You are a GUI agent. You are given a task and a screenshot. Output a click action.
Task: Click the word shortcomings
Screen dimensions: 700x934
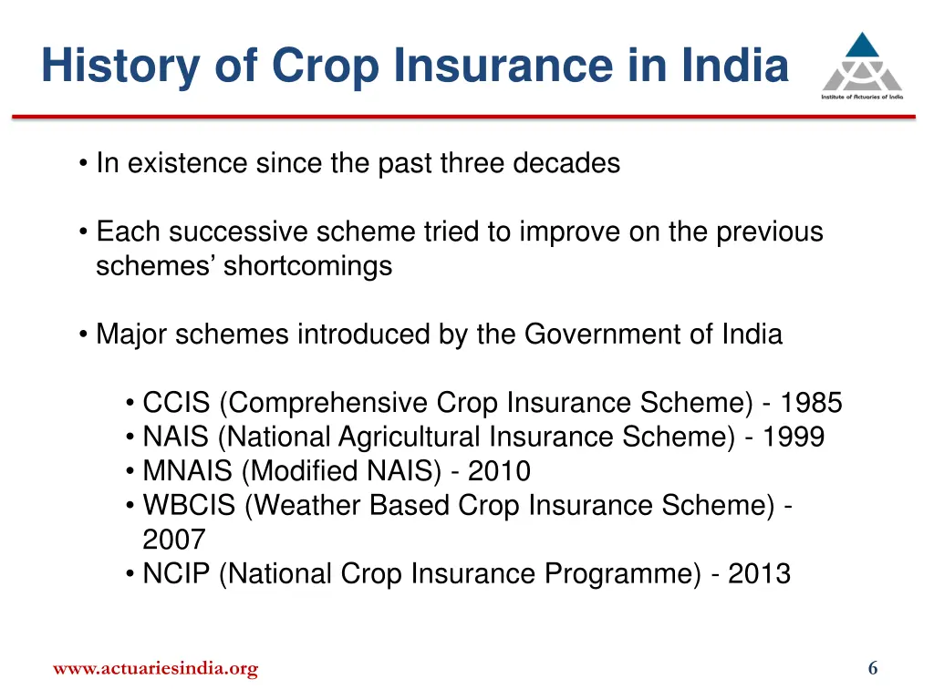pos(307,266)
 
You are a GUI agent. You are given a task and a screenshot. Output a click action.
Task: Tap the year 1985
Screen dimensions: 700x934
pos(812,403)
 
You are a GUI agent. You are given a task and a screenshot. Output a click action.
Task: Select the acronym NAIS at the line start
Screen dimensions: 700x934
pos(177,437)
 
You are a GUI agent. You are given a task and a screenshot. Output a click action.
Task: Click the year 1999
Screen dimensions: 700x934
pos(794,437)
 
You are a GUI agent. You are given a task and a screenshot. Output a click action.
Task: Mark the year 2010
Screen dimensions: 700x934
pos(499,471)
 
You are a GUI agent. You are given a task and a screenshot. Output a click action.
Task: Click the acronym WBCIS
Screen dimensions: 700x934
pos(189,506)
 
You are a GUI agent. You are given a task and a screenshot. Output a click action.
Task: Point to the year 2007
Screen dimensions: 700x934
pos(173,540)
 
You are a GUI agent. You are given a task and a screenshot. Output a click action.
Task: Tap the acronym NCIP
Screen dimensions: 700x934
pos(177,574)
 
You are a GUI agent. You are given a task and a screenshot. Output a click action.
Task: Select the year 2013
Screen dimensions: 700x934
pos(759,574)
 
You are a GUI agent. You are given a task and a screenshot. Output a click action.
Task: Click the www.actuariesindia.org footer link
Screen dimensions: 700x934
pos(155,669)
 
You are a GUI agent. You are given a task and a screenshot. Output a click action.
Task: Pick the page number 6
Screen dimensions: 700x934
pos(873,669)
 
